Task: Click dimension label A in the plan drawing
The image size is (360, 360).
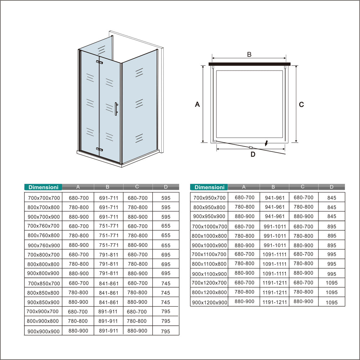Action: (x=197, y=104)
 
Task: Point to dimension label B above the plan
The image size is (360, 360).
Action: (x=249, y=54)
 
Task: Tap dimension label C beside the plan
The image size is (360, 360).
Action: (x=301, y=104)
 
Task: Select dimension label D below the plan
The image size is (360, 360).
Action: (x=253, y=154)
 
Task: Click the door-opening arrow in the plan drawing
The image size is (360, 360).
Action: (x=266, y=143)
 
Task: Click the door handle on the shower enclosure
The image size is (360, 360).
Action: (x=116, y=109)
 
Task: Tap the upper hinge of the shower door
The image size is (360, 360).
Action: (x=99, y=63)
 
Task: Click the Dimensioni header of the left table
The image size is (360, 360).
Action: (x=43, y=187)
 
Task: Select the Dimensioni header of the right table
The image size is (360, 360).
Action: (x=209, y=187)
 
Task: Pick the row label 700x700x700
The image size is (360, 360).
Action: (x=44, y=198)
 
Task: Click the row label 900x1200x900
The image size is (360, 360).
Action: (x=210, y=302)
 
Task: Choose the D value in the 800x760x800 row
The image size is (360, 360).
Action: (x=166, y=235)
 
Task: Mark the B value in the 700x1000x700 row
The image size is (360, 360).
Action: (x=274, y=227)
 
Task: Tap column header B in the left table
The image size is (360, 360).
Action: (x=108, y=187)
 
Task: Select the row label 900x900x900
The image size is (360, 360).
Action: (x=44, y=331)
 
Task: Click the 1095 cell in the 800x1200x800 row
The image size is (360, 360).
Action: (x=332, y=293)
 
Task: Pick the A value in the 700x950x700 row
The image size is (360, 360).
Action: (x=244, y=198)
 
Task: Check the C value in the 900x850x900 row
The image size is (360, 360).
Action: (x=137, y=302)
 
